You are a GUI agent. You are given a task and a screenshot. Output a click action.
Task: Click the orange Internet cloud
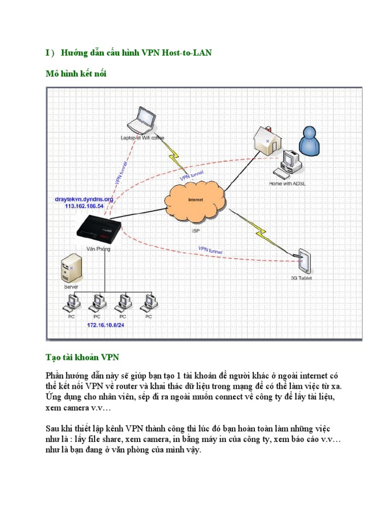pyautogui.click(x=196, y=201)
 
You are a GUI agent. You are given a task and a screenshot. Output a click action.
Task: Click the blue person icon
pyautogui.click(x=308, y=140)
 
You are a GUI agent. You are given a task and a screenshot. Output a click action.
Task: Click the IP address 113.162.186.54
pyautogui.click(x=84, y=207)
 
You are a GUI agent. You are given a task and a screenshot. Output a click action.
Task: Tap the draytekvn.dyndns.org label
pyautogui.click(x=84, y=200)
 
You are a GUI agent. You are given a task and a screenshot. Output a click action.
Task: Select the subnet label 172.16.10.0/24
pyautogui.click(x=105, y=325)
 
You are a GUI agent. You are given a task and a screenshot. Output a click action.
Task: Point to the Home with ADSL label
pyautogui.click(x=287, y=184)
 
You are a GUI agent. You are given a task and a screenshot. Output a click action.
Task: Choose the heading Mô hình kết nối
pyautogui.click(x=76, y=74)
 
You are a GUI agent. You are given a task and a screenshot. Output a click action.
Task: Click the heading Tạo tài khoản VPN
pyautogui.click(x=82, y=357)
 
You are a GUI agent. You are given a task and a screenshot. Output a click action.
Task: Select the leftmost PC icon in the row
pyautogui.click(x=71, y=303)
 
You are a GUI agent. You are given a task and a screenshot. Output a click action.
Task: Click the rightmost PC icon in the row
pyautogui.click(x=149, y=303)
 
